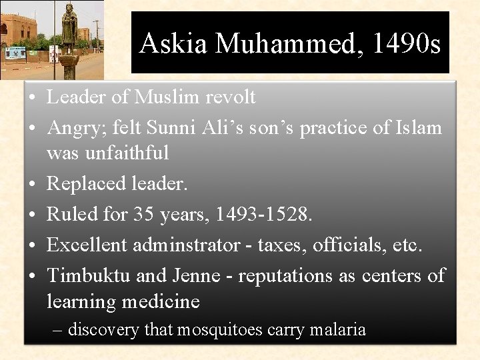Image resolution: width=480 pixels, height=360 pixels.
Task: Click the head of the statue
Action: tap(69, 9)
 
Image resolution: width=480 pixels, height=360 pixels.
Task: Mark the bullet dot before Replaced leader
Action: tap(32, 183)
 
